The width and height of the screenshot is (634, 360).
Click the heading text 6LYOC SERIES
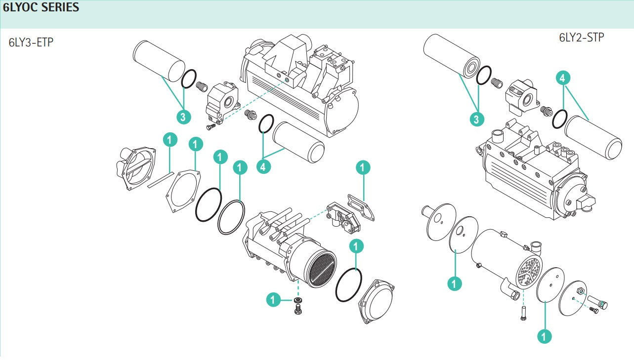pos(41,8)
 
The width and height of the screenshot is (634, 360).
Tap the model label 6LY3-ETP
pos(31,42)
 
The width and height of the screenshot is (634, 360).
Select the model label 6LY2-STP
pos(581,38)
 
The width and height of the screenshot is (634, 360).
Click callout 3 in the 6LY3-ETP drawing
pos(183,117)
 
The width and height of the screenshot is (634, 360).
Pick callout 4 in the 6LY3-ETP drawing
pos(264,166)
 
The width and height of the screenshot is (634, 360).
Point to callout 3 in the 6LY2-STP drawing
pos(476,119)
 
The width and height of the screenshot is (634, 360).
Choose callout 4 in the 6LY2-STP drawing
pos(563,78)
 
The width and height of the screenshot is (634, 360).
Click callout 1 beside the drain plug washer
pos(273,299)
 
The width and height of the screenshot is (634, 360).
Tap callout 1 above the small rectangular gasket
pos(363,168)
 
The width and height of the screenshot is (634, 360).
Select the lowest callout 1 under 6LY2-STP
pos(544,336)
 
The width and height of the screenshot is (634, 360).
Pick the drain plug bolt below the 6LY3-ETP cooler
pos(298,310)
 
